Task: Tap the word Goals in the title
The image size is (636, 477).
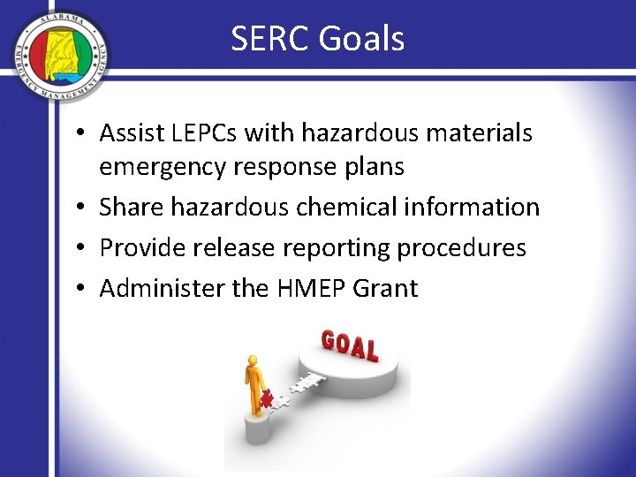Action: point(363,39)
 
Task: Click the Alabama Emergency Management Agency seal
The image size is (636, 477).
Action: point(60,57)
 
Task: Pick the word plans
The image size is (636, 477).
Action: point(372,167)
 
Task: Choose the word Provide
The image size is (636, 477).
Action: point(139,247)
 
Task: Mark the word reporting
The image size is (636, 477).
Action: point(337,247)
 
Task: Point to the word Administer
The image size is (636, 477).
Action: point(153,288)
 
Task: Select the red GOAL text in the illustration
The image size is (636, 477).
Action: point(350,344)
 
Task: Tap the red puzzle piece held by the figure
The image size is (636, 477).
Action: point(266,398)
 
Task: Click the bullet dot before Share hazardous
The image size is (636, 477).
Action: point(80,208)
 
